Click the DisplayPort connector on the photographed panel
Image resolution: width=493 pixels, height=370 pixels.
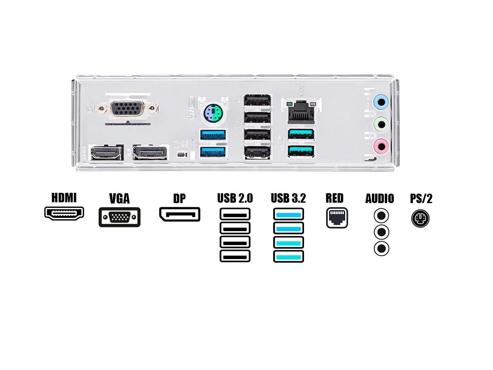coord(150,153)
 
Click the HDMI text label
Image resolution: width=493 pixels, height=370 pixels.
coord(64,198)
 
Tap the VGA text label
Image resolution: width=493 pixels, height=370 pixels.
coord(119,199)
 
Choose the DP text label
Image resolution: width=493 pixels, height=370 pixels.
coord(179,199)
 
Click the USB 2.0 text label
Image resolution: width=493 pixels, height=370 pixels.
coord(235,199)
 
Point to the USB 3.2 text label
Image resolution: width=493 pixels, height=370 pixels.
coord(288,199)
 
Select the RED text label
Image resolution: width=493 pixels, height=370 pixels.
coord(334,199)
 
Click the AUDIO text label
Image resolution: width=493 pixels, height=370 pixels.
coord(380,199)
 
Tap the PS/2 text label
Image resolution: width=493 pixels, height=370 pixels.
coord(421,199)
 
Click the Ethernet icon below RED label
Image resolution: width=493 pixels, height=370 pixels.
coord(337,218)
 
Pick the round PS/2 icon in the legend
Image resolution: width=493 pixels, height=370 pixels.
coord(420,218)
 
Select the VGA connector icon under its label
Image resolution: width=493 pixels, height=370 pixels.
coord(120,217)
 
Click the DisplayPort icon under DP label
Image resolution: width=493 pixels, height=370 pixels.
coord(180,215)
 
